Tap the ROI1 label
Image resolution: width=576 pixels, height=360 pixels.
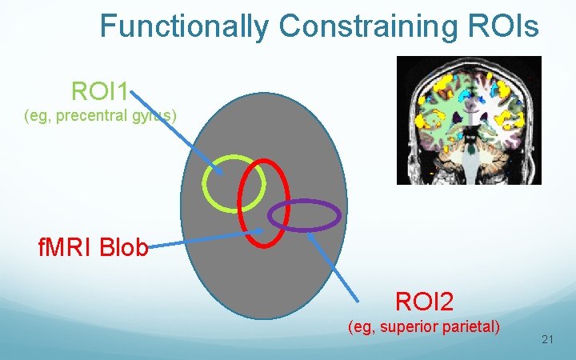(100, 91)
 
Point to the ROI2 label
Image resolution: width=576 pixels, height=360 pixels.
(424, 302)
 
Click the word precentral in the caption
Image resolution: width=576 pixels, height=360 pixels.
(96, 116)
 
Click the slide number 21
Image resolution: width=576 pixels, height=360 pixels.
(548, 340)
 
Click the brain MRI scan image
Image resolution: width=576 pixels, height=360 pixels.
(469, 120)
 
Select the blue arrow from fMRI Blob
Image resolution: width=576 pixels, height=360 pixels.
(204, 239)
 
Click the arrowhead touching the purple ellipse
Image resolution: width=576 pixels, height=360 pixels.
(310, 233)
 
